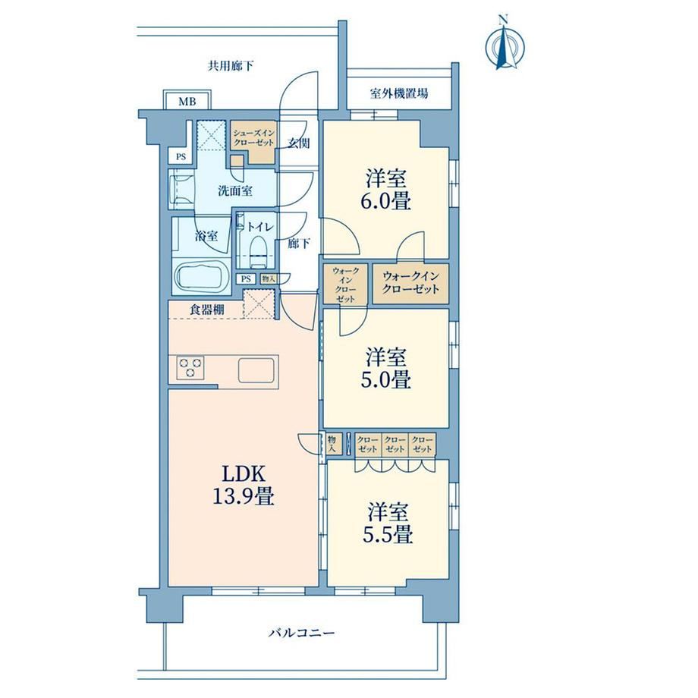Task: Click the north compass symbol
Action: click(505, 44)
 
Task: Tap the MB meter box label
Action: click(187, 102)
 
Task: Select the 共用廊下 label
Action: click(230, 66)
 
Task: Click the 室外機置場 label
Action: click(399, 93)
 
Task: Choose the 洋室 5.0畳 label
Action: click(386, 369)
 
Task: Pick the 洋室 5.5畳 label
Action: click(387, 523)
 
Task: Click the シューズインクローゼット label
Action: click(253, 137)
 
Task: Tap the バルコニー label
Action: click(301, 633)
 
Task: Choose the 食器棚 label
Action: click(207, 310)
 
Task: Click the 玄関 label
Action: click(298, 143)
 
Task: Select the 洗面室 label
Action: click(235, 191)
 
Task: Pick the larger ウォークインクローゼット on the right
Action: click(410, 284)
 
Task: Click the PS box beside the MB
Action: click(181, 157)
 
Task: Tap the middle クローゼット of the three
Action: click(395, 445)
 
